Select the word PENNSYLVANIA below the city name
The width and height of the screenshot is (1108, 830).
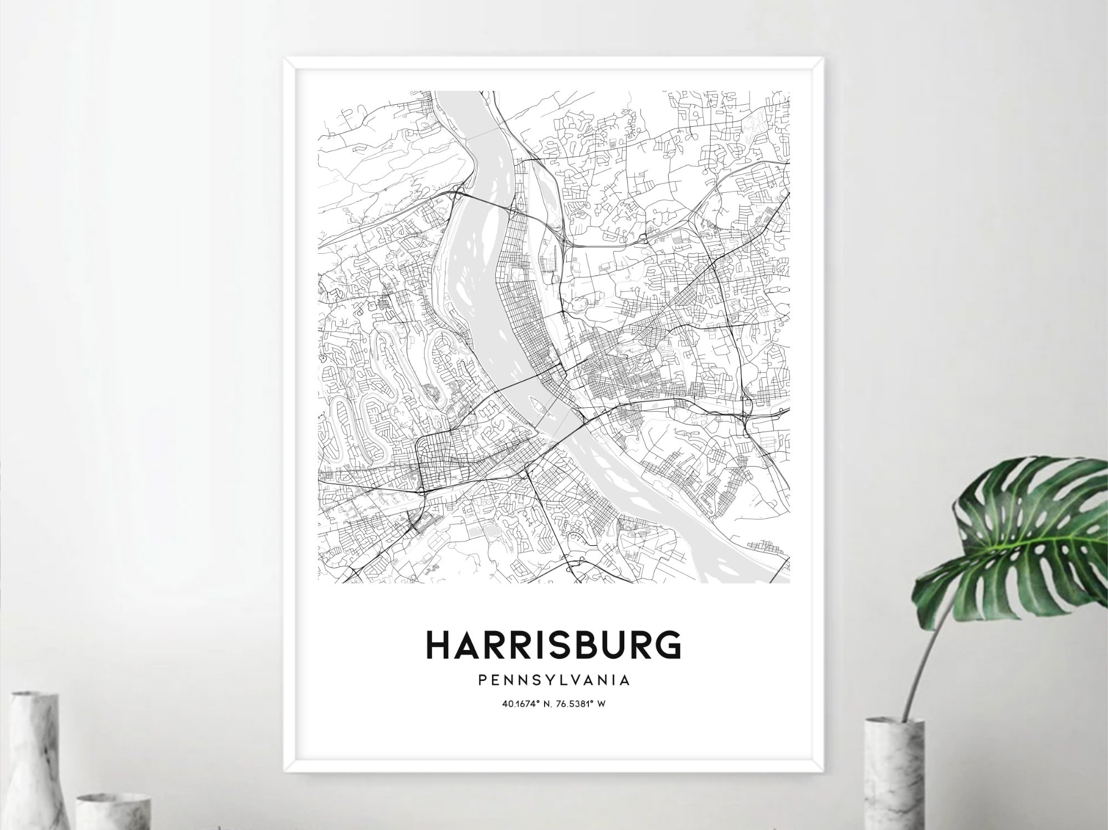click(553, 680)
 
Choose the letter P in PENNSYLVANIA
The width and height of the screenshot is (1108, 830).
click(482, 680)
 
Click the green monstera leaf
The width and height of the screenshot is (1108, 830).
click(1030, 532)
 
